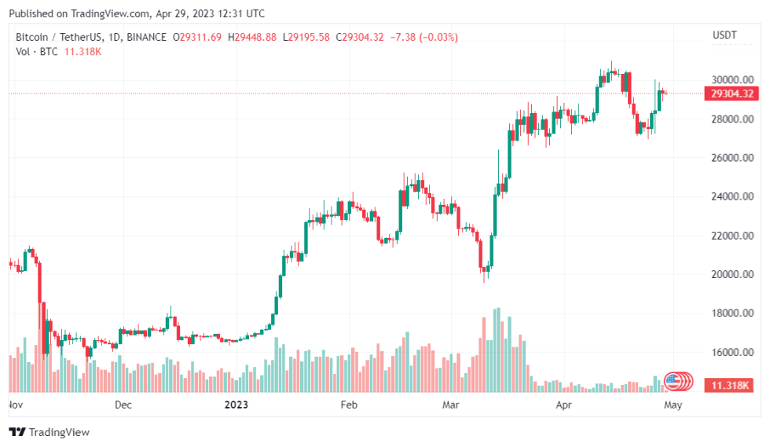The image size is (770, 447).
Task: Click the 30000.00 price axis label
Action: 732,79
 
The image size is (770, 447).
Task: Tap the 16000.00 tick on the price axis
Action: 732,352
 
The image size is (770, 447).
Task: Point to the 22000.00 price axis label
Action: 732,236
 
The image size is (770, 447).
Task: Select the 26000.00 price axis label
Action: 732,158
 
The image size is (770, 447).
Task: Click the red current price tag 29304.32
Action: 732,93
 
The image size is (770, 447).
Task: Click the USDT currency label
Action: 723,36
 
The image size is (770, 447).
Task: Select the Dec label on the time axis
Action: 123,405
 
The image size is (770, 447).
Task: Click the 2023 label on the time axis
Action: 236,405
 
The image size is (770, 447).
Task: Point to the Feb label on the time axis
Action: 349,405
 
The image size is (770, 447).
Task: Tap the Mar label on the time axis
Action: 451,405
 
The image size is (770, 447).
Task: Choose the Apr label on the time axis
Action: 564,405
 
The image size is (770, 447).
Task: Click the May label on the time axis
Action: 673,405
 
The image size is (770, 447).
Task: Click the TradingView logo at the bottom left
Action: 49,432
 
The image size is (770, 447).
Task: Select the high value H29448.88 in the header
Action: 251,37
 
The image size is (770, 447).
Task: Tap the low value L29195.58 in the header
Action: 308,37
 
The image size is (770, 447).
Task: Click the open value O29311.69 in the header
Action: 197,37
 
